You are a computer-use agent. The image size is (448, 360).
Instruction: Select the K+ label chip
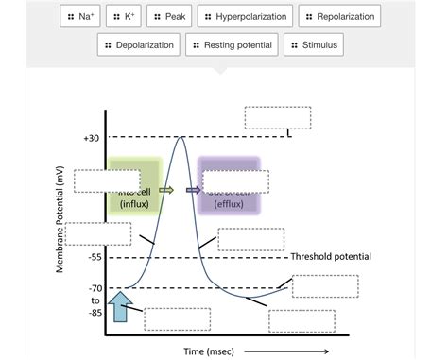(125, 17)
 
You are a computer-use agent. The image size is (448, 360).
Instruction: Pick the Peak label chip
(171, 17)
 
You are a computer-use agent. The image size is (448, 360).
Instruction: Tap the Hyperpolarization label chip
(246, 17)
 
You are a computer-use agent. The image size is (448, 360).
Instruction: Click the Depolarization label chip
(139, 44)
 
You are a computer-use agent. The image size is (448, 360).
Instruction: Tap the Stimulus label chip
(314, 44)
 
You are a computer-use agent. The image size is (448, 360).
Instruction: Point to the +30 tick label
(91, 138)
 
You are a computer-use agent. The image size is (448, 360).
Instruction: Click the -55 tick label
(94, 257)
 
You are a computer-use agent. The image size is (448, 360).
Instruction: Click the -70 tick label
(94, 288)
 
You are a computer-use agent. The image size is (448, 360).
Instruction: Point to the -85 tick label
(94, 313)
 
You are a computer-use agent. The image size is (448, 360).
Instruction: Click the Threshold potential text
(331, 257)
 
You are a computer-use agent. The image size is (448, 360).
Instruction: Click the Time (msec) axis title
(209, 351)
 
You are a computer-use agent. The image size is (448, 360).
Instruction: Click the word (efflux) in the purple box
(228, 203)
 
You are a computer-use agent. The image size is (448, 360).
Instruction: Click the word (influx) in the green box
(133, 204)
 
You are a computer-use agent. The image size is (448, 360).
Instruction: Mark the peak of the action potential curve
(181, 138)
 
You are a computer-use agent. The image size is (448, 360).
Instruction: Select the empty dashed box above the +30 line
(276, 117)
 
